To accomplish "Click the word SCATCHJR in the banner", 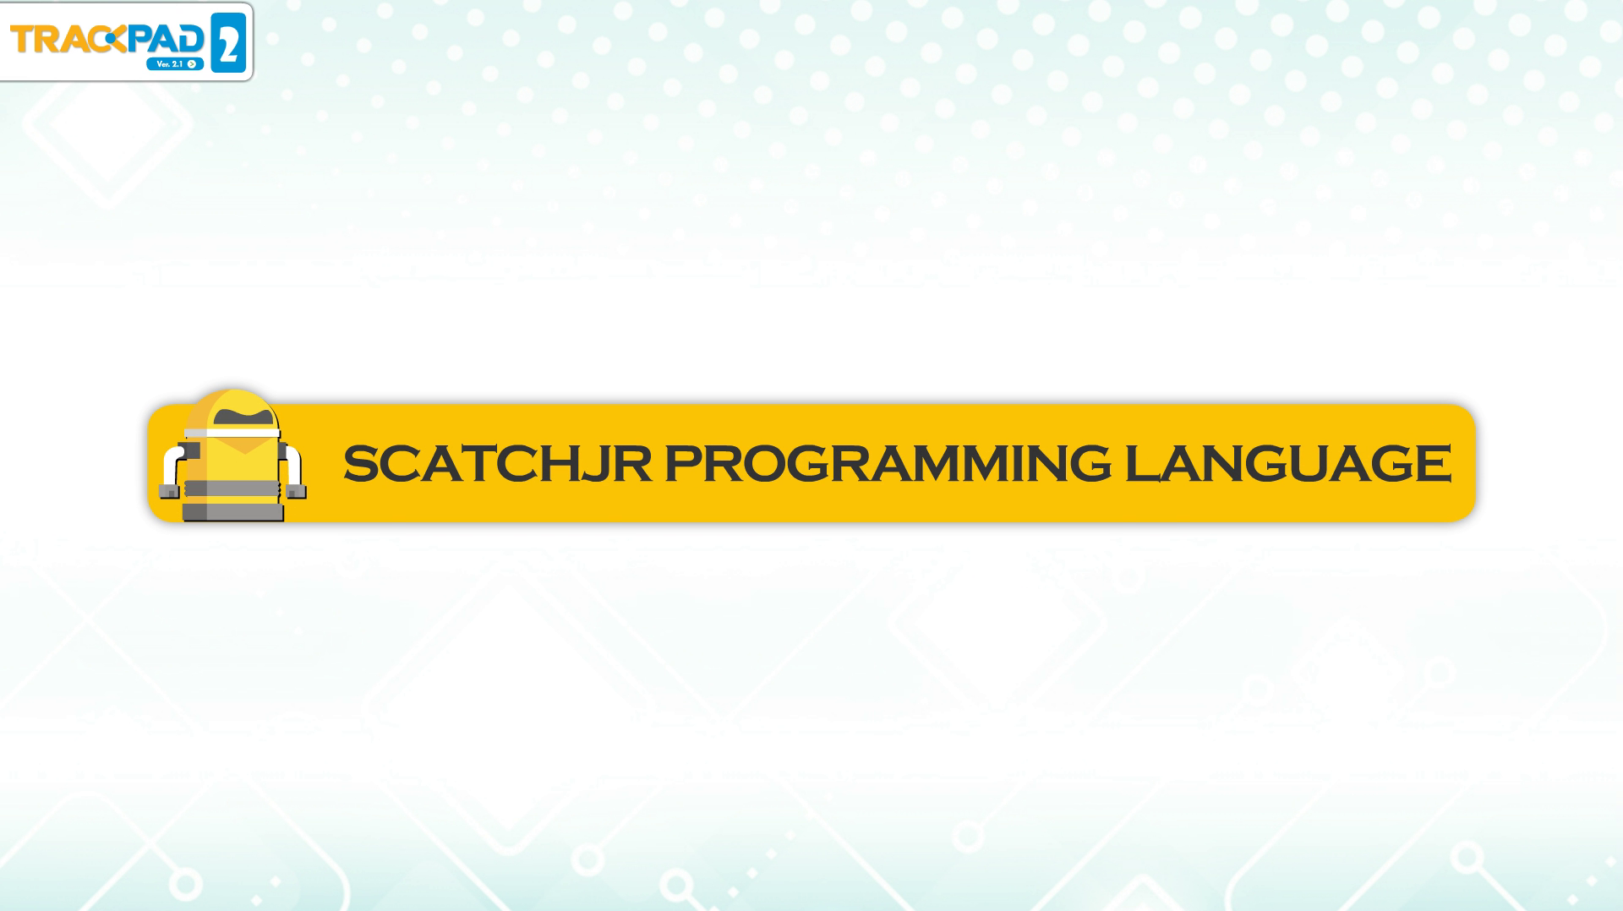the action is coord(497,464).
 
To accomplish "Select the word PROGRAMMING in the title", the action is coord(888,464).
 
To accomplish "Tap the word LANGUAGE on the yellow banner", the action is coord(1287,464).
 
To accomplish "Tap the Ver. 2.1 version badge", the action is coord(175,63).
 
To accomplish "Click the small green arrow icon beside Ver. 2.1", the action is coord(193,64).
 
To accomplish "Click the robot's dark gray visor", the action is coord(244,415).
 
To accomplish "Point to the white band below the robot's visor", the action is coord(232,432).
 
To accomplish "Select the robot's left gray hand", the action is coord(169,491).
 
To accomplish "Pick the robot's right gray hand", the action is coord(296,490).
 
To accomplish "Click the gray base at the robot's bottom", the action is coord(232,512).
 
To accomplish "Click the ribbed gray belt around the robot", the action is coord(232,488).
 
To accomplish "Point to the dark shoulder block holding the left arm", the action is coord(189,450).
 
